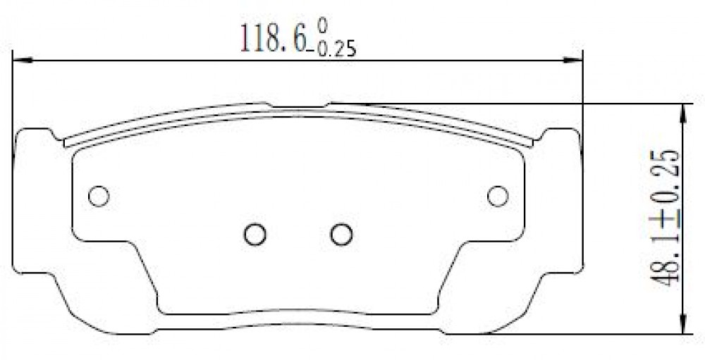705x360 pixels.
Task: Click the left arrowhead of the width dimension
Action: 23,60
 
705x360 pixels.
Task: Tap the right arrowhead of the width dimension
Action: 572,60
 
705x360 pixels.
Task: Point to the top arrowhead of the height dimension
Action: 683,113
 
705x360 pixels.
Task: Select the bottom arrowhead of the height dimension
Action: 683,324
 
